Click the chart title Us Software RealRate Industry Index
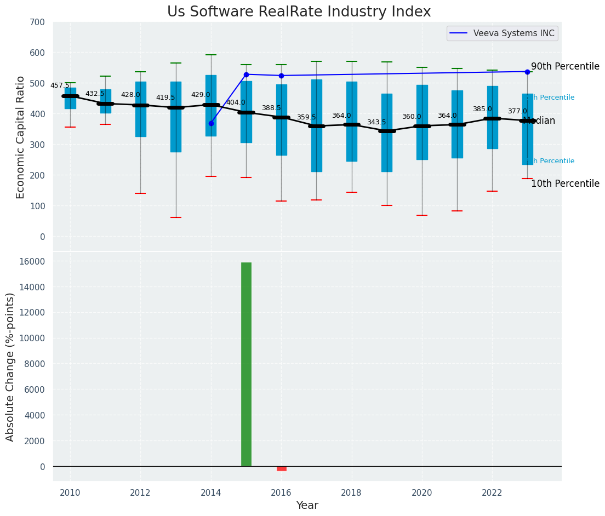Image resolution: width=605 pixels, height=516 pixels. (299, 12)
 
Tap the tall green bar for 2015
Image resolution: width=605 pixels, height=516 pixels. (246, 364)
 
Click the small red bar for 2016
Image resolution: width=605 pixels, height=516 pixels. (281, 468)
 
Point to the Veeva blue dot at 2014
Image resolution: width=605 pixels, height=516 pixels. (211, 123)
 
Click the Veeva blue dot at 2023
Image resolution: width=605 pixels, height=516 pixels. (527, 72)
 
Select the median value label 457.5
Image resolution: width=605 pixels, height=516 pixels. (60, 85)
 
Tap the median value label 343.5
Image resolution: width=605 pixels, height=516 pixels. (376, 122)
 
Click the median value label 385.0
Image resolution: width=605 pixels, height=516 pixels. (482, 109)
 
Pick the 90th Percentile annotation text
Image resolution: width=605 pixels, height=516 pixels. (565, 66)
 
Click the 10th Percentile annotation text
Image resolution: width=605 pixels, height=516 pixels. (565, 184)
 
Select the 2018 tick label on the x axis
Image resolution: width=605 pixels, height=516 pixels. (351, 492)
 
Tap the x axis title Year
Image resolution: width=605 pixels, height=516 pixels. (307, 506)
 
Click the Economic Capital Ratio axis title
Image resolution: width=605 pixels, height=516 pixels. (21, 137)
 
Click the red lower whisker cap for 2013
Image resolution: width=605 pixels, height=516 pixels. (176, 217)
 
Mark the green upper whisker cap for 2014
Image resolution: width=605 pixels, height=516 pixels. (211, 55)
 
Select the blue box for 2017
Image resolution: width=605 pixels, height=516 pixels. (316, 125)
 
